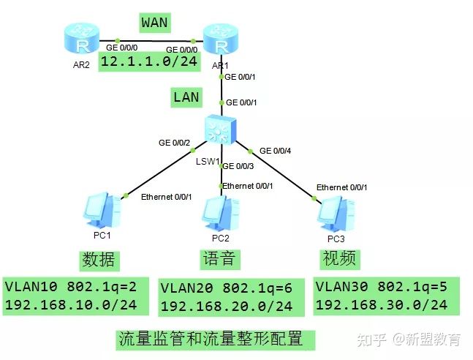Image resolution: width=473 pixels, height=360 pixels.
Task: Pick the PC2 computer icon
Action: tap(221, 213)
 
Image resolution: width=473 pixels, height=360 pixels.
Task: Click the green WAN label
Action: tap(154, 23)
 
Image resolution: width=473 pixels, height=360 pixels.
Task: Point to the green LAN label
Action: tap(186, 97)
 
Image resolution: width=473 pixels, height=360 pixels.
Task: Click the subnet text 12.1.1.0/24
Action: tap(150, 61)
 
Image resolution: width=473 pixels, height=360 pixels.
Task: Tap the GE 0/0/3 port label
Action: tap(238, 166)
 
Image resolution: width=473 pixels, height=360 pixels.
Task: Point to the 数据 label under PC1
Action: tap(97, 260)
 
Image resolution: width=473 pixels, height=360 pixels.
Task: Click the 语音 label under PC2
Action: tap(219, 258)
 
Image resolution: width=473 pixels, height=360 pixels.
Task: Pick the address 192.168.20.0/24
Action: tap(226, 307)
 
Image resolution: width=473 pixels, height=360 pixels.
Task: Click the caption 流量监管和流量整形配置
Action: tap(209, 340)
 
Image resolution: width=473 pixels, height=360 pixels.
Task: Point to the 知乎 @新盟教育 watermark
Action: tap(409, 340)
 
